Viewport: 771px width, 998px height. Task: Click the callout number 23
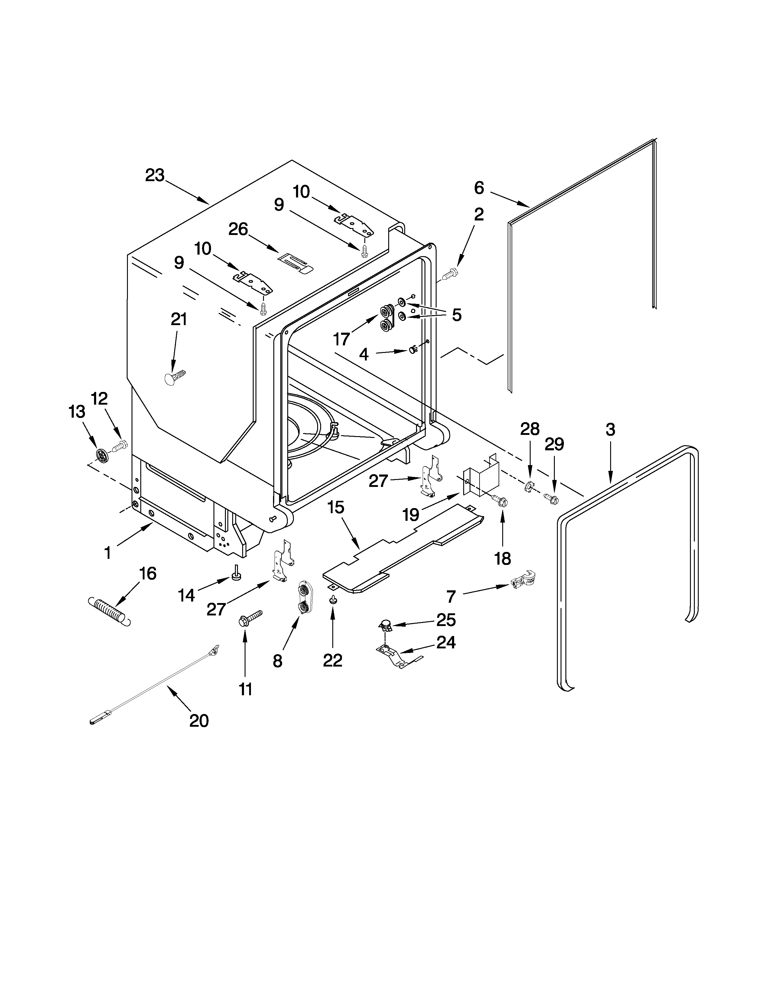click(155, 175)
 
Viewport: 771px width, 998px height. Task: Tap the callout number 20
click(199, 721)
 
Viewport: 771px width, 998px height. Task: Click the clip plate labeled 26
click(295, 264)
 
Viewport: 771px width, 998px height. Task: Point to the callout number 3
click(610, 429)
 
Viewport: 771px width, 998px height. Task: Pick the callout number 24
click(446, 642)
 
